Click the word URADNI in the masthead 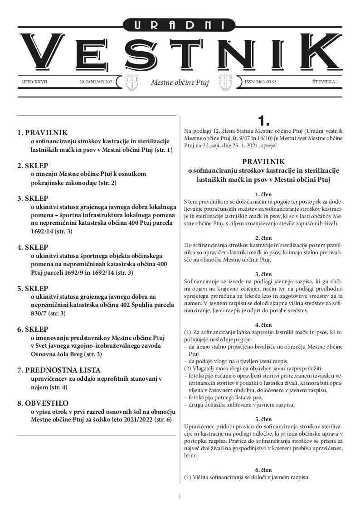(x=180, y=26)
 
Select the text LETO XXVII (x=34, y=82)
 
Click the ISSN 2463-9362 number (x=261, y=82)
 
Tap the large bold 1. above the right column (x=263, y=121)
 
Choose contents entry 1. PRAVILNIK (x=42, y=133)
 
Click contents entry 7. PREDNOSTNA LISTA (x=58, y=370)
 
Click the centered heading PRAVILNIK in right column (x=263, y=161)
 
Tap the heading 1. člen (x=263, y=194)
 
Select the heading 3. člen (x=263, y=274)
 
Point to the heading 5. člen (x=263, y=419)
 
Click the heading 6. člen (x=263, y=470)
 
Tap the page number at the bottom (x=180, y=497)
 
